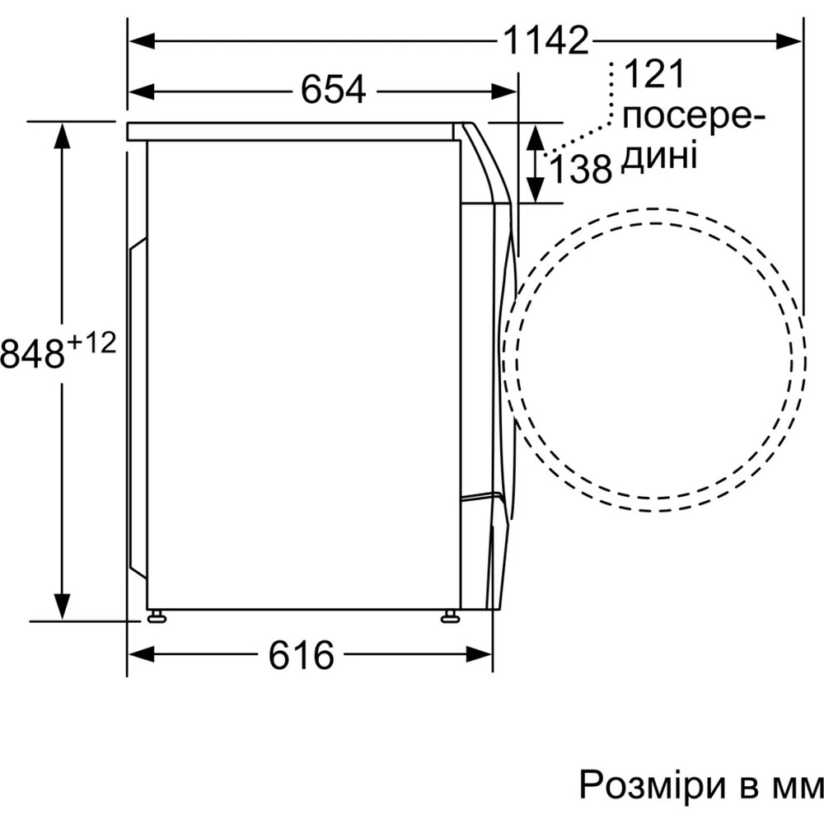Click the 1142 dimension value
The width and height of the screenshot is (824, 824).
point(548,40)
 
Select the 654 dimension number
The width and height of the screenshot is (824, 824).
point(333,89)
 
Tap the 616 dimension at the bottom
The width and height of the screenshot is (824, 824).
point(302,655)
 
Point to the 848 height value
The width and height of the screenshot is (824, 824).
point(33,353)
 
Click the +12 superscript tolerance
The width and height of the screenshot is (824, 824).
point(91,343)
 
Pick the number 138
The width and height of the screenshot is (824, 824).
point(581,170)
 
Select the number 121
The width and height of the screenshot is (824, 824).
point(654,75)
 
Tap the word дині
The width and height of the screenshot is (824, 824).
point(658,154)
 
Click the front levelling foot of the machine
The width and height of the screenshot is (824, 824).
point(450,616)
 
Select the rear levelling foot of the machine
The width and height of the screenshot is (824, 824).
point(156,616)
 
